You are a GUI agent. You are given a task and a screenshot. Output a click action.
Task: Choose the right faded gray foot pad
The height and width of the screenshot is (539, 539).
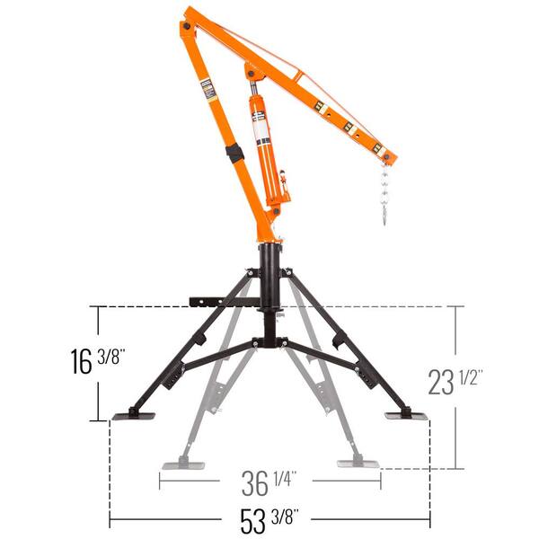(x=357, y=464)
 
